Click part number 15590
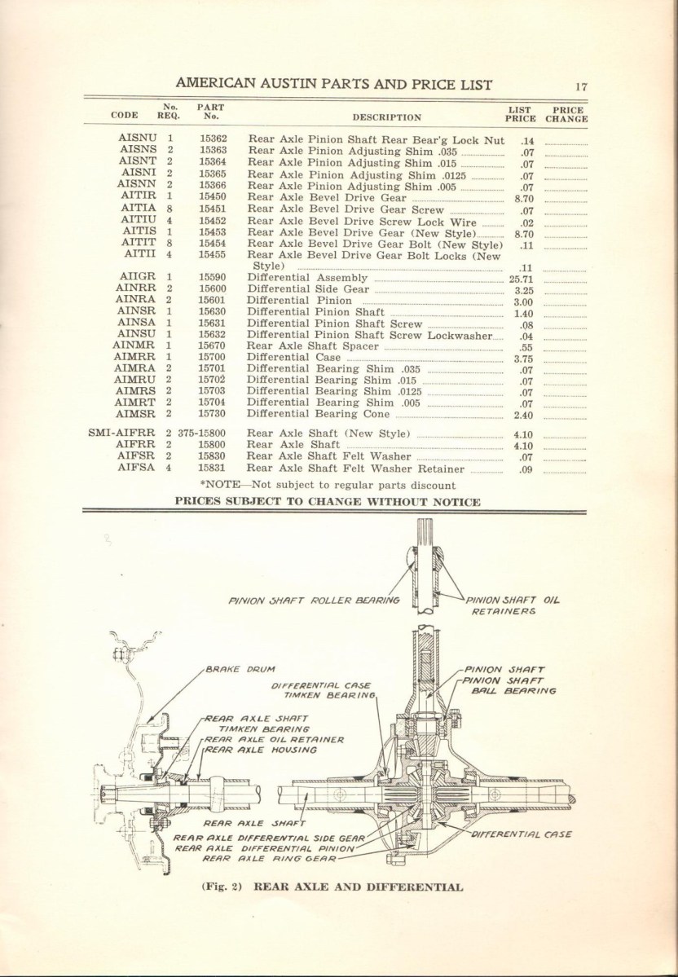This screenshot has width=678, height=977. tap(211, 278)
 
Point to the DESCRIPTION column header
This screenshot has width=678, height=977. tap(387, 117)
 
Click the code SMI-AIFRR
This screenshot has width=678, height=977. tap(123, 433)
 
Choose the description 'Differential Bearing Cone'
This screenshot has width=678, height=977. tap(313, 414)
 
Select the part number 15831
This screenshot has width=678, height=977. tap(211, 469)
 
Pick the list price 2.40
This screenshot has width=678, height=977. tap(524, 415)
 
